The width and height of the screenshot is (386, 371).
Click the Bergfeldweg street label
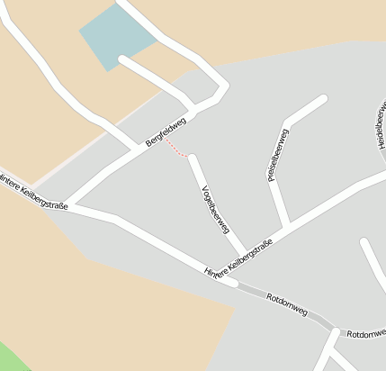166,131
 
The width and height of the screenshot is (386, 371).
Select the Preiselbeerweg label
278,155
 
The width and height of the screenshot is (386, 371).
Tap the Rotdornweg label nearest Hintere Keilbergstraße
287,304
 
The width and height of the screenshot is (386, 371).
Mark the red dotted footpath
175,150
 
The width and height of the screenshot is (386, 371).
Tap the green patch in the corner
11,357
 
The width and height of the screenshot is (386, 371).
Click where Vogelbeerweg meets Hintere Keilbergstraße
243,252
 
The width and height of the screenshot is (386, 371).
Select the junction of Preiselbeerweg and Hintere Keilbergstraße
288,226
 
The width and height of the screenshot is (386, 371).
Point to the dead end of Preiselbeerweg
322,99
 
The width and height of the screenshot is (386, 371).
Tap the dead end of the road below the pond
122,61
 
